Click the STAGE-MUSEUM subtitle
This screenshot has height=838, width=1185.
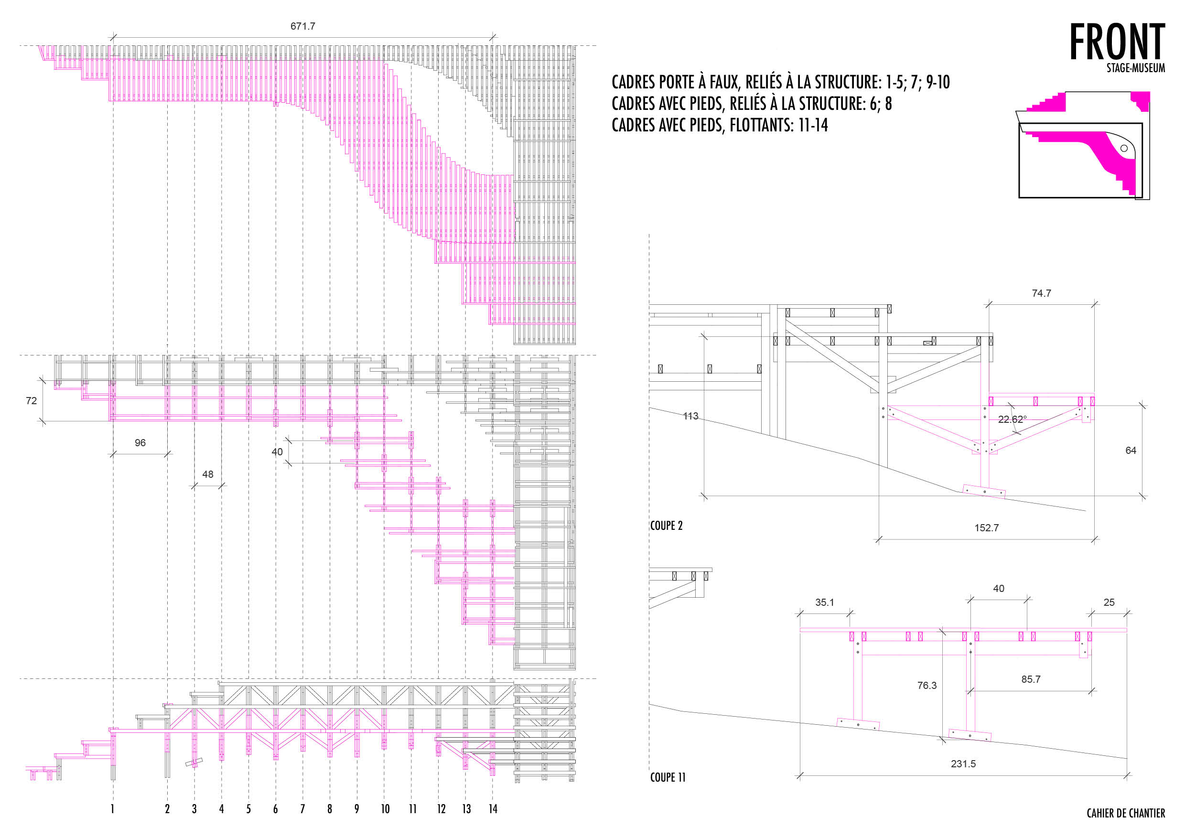pyautogui.click(x=1135, y=67)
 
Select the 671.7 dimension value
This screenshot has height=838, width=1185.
pyautogui.click(x=303, y=26)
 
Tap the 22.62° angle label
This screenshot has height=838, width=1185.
pyautogui.click(x=1012, y=419)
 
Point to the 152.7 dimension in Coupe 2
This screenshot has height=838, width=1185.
pyautogui.click(x=986, y=527)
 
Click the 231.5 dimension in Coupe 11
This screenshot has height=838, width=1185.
pyautogui.click(x=963, y=763)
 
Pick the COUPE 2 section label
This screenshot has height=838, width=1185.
pyautogui.click(x=666, y=525)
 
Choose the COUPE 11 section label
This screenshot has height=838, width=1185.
pyautogui.click(x=668, y=777)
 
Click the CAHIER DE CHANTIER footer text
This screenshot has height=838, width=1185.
pyautogui.click(x=1126, y=813)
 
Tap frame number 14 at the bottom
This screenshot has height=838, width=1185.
pyautogui.click(x=493, y=808)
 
